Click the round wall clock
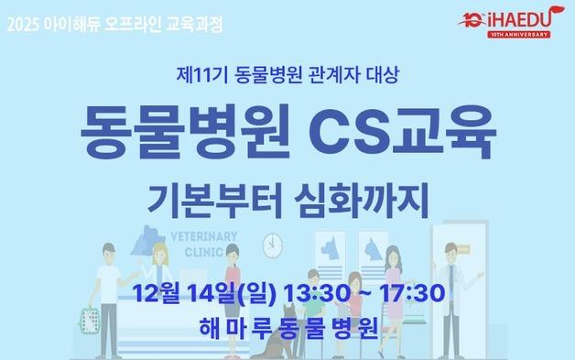271,244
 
